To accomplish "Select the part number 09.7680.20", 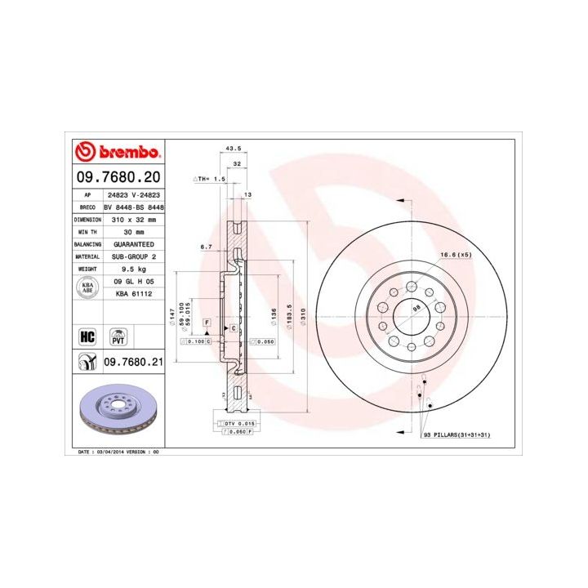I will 118,176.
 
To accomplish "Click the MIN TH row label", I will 87,232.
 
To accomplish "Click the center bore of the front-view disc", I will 412,314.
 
